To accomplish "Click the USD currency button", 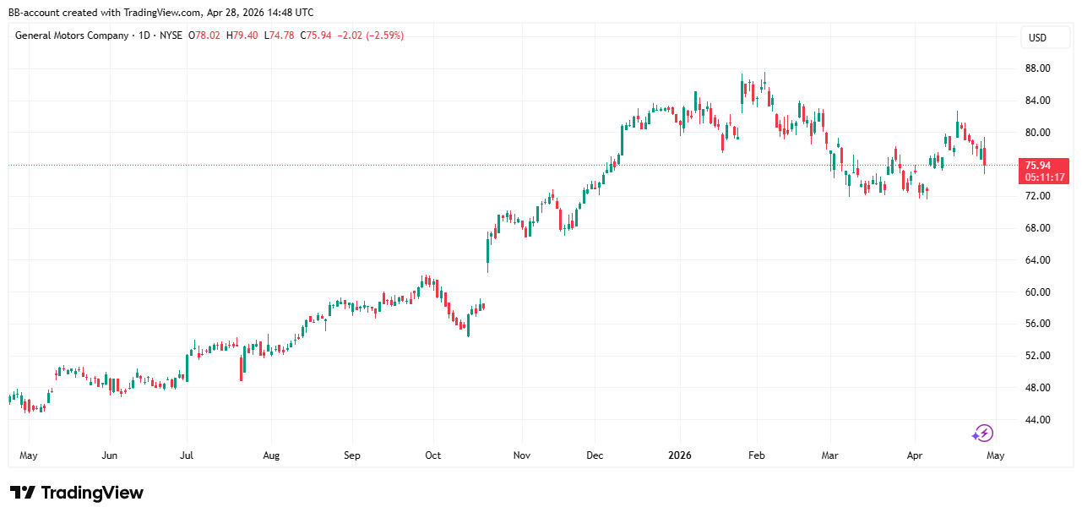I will coord(1037,38).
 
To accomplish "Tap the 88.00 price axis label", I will coord(1037,68).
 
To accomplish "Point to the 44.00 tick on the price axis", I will coord(1037,420).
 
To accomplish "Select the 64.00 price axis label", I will coord(1037,260).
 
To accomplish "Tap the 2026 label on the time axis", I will coord(679,455).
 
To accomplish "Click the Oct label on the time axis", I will coord(432,455).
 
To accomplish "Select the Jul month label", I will coord(187,455).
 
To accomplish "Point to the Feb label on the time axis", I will coord(756,455).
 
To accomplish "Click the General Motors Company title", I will coord(72,35).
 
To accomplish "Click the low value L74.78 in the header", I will coord(279,35).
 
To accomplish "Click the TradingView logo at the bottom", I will coord(77,493).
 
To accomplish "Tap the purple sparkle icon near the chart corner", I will coord(982,433).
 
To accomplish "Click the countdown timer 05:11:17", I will coord(1045,177).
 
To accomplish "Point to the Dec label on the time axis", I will coord(595,455).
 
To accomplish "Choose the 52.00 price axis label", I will coord(1037,356).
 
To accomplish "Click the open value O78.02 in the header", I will coord(204,35).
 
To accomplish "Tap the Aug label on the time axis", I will coord(270,455).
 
